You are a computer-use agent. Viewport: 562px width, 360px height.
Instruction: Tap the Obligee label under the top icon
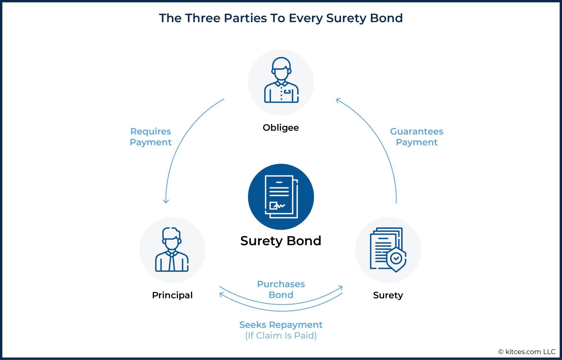click(281, 128)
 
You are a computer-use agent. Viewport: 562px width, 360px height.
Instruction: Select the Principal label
click(172, 295)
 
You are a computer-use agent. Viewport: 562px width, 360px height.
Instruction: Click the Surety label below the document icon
click(388, 295)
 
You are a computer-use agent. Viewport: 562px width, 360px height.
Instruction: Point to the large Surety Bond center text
click(281, 241)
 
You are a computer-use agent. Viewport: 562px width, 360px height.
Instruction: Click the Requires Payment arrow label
click(151, 137)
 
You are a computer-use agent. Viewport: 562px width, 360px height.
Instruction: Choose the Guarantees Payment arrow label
click(416, 137)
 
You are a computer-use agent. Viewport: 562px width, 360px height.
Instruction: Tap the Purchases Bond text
click(281, 289)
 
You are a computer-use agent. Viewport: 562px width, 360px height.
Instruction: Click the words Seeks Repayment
click(281, 325)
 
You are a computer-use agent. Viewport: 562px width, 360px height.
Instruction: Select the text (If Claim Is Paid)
click(281, 336)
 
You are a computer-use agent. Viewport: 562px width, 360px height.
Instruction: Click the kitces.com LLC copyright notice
click(527, 352)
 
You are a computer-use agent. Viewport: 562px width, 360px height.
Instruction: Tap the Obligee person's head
click(281, 69)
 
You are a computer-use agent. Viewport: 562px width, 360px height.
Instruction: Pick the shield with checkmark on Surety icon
click(396, 259)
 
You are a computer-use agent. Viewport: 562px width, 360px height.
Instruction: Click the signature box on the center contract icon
click(273, 206)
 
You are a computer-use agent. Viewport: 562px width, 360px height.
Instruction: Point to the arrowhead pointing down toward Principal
click(166, 201)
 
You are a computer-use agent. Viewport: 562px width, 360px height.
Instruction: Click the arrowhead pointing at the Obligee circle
click(338, 100)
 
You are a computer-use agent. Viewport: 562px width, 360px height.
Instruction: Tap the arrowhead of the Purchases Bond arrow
click(341, 287)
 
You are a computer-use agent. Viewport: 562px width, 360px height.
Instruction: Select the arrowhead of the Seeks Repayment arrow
click(221, 294)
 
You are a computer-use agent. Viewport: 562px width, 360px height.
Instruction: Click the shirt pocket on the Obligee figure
click(287, 92)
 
